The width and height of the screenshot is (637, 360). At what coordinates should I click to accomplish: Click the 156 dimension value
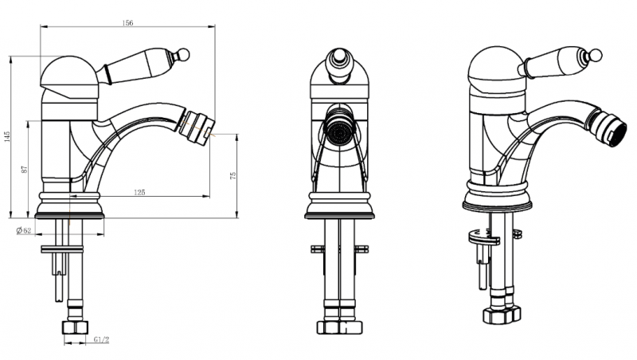tap(127, 23)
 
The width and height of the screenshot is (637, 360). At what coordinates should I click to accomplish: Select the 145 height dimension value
tap(6, 136)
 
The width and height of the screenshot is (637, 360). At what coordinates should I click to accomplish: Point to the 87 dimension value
tap(25, 169)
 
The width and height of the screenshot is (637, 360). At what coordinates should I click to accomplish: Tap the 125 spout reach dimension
tap(139, 192)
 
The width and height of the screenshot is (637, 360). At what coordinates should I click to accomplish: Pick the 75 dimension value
tap(233, 175)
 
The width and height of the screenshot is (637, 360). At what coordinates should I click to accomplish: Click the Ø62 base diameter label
tap(24, 231)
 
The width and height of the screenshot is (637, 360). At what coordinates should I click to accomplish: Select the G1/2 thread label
tap(102, 339)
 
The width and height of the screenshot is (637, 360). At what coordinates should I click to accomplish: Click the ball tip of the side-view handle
tap(184, 54)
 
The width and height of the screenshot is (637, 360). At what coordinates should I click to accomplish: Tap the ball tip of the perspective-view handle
tap(596, 55)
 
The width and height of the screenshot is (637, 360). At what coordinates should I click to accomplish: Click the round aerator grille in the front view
tap(339, 133)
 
